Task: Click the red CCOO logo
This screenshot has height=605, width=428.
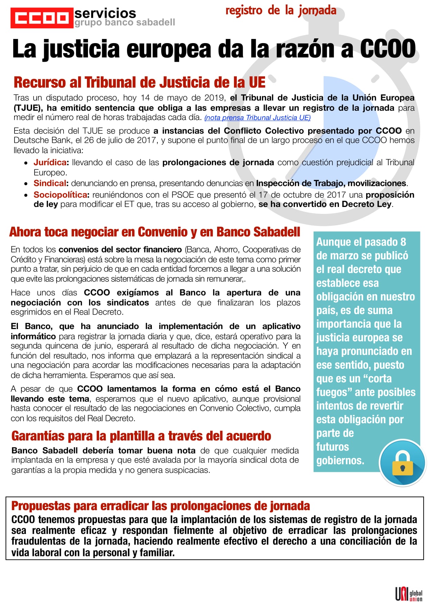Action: pos(42,18)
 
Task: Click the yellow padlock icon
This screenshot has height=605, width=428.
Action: pos(402,464)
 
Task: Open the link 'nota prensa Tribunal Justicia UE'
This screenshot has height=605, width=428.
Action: pos(257,118)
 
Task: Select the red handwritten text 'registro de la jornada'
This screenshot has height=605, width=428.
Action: pos(281,11)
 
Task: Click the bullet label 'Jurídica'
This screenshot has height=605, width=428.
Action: pos(50,162)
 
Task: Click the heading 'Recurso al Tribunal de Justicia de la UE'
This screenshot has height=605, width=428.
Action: pos(139,82)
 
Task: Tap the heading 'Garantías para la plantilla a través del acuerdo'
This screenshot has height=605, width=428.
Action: pos(141,436)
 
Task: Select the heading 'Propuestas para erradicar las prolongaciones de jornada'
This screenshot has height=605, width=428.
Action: pos(160,506)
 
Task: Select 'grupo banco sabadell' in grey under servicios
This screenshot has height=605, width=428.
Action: pos(125,23)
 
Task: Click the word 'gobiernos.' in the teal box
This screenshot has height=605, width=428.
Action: pos(340,460)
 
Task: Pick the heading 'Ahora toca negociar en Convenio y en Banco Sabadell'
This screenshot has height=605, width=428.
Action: pos(155,232)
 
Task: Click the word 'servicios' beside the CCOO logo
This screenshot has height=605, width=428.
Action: pos(105,13)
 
